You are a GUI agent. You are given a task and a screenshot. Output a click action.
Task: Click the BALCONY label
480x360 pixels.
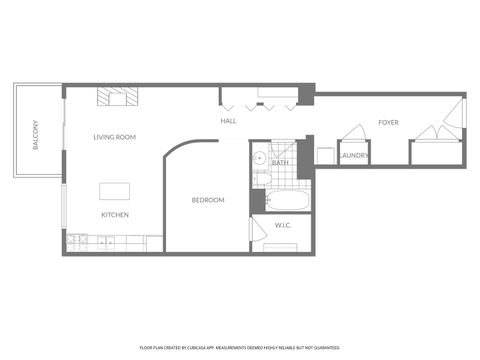pos(36,135)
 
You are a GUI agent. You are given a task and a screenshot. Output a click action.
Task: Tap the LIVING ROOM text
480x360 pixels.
pos(115,137)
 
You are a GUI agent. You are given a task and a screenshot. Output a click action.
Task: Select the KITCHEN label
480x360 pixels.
pos(114,215)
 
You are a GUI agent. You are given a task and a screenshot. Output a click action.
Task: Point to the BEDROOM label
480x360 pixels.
pos(208,200)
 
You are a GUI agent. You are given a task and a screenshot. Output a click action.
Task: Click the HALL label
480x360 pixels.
pos(228,121)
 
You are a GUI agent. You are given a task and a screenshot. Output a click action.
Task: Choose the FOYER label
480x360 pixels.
pos(388,122)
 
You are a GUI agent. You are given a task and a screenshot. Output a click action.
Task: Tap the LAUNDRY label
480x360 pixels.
pos(354,156)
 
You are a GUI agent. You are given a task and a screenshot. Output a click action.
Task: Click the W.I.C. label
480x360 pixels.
pos(283,225)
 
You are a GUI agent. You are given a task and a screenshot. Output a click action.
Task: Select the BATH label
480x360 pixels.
pos(281,162)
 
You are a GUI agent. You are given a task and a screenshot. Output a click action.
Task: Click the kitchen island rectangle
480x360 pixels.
pos(115,191)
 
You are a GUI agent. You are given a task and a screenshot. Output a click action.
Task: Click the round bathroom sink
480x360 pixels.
pos(258,157)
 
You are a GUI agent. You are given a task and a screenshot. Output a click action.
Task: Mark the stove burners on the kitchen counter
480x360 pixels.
pos(78,241)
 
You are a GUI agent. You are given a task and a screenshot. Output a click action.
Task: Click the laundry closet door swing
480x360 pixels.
pos(354,133)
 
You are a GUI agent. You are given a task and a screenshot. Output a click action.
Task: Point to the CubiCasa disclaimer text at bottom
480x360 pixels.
pos(239,348)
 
